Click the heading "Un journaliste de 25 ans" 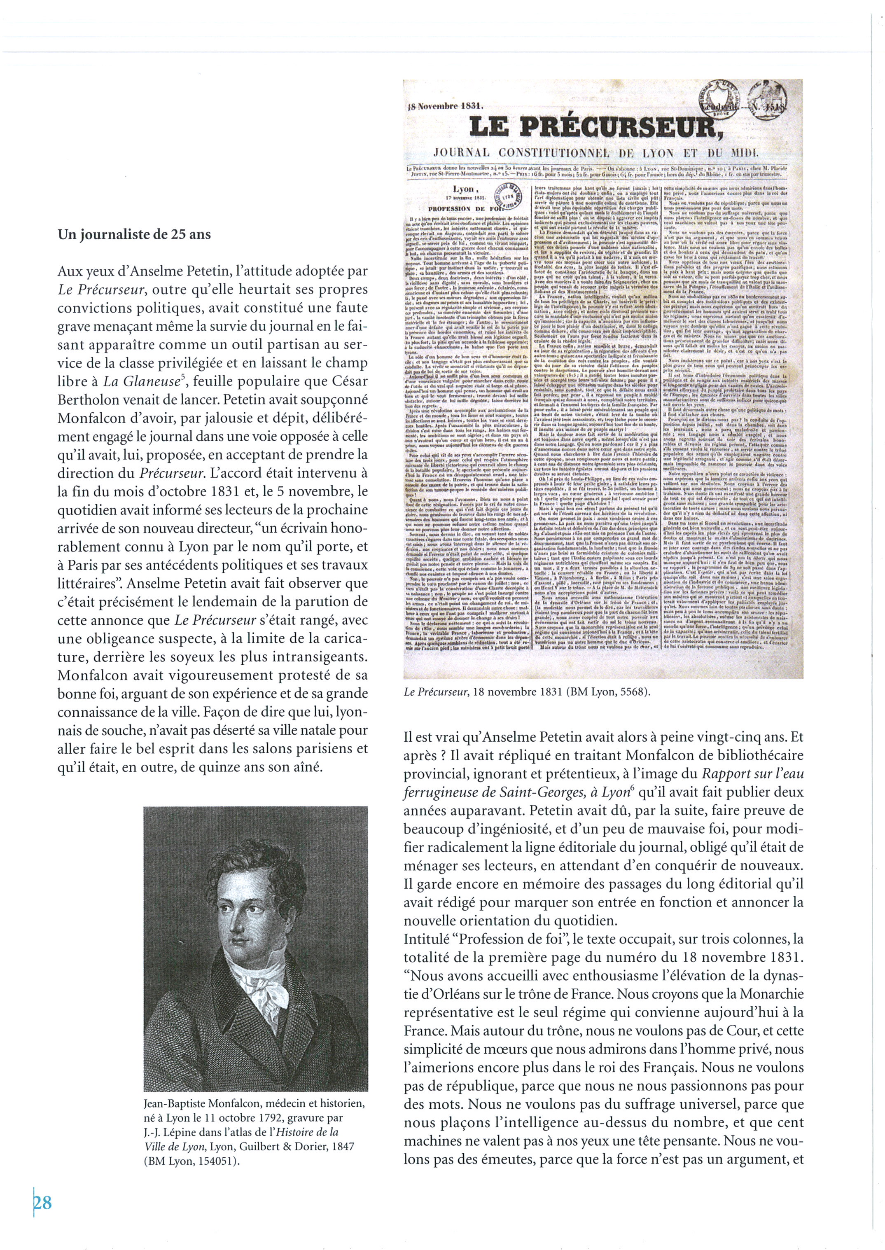[134, 235]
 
